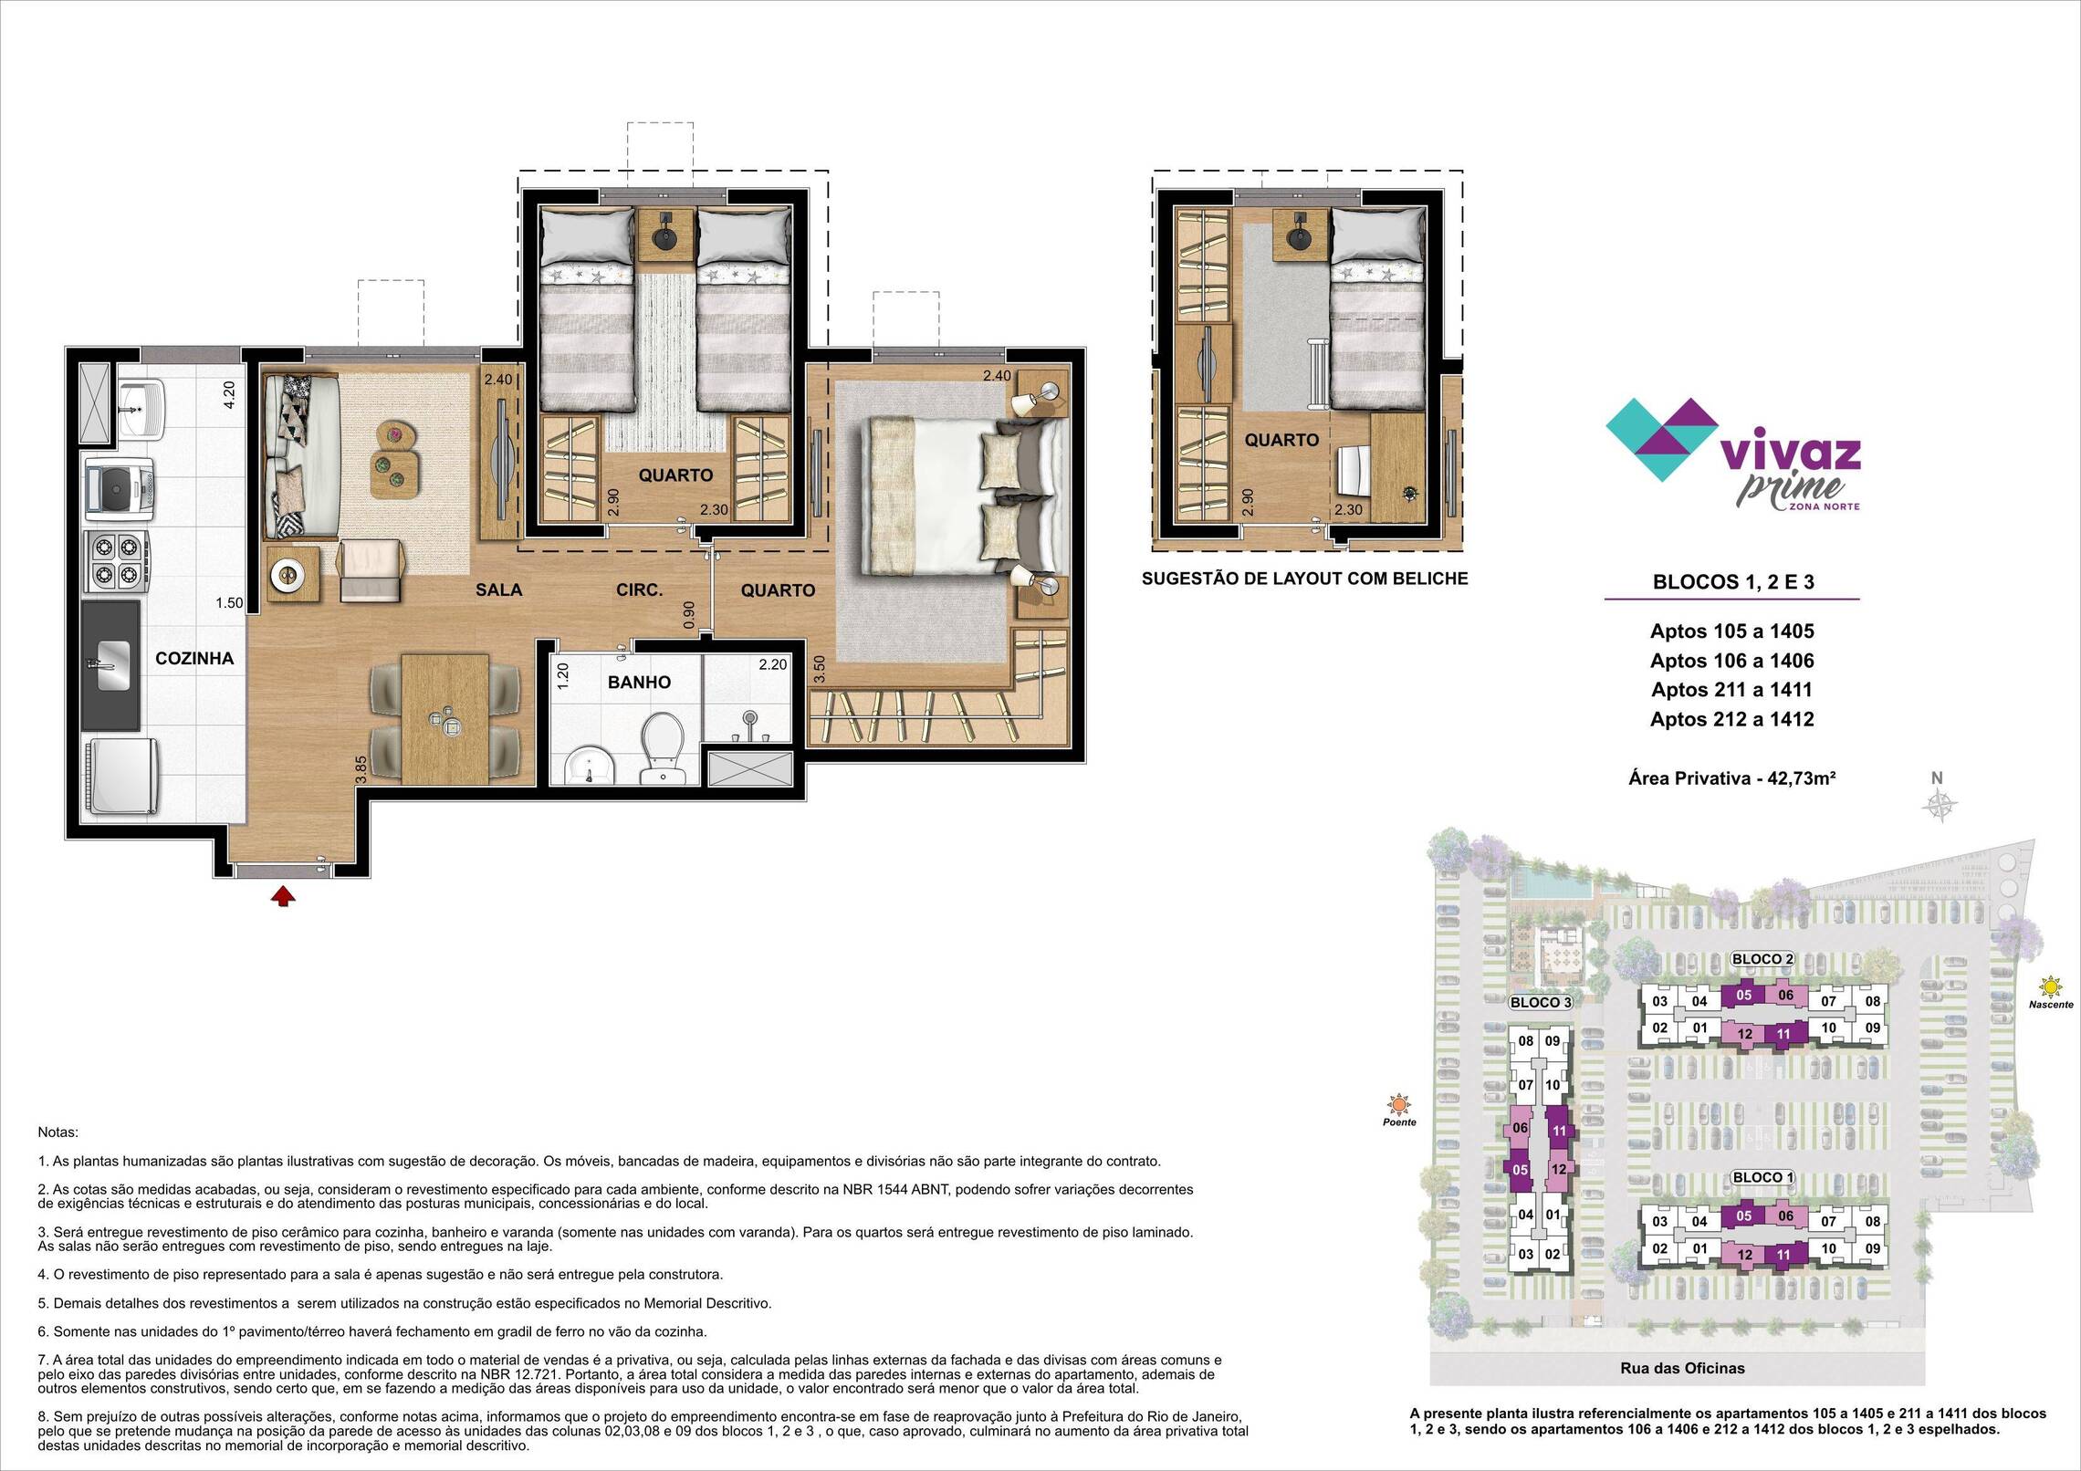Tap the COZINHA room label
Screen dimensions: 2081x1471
[x=194, y=658]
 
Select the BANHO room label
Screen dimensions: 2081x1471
[x=639, y=682]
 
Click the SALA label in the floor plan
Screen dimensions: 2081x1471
[x=498, y=589]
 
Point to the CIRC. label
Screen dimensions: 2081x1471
[x=639, y=589]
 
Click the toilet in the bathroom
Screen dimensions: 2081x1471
[x=661, y=746]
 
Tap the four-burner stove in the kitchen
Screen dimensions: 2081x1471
[x=117, y=562]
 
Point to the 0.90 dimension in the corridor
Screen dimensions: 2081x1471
[x=689, y=614]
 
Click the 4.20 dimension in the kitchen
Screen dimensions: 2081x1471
[x=230, y=395]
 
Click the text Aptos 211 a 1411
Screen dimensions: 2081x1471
[x=1731, y=689]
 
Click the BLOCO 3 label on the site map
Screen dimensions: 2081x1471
[x=1541, y=1002]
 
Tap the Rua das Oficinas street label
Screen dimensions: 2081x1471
[x=1682, y=1393]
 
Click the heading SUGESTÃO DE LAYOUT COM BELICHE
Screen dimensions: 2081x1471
[x=1305, y=578]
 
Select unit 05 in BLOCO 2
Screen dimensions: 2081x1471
[x=1743, y=996]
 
